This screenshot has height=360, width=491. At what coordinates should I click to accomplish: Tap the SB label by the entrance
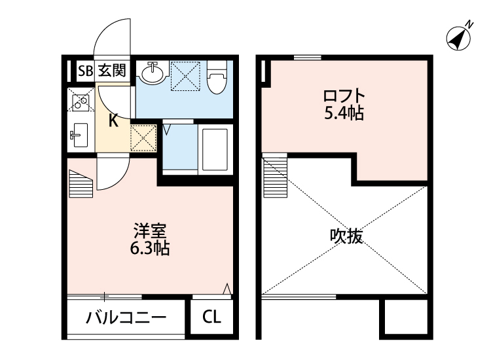pyautogui.click(x=85, y=71)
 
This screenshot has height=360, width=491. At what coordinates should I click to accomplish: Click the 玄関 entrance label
pyautogui.click(x=113, y=71)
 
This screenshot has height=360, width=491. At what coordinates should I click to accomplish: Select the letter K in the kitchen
pyautogui.click(x=113, y=120)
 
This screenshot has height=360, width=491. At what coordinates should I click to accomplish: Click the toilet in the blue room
pyautogui.click(x=217, y=79)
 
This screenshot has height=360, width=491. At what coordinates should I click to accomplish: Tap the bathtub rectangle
pyautogui.click(x=213, y=149)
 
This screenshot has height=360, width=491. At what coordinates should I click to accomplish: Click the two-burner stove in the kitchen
pyautogui.click(x=81, y=102)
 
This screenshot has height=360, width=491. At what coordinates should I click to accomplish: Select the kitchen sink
pyautogui.click(x=79, y=136)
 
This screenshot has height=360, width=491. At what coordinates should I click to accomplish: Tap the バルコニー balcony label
pyautogui.click(x=126, y=319)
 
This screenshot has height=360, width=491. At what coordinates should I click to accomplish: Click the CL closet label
pyautogui.click(x=211, y=319)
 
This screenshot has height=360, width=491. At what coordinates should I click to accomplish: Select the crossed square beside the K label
pyautogui.click(x=143, y=137)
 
